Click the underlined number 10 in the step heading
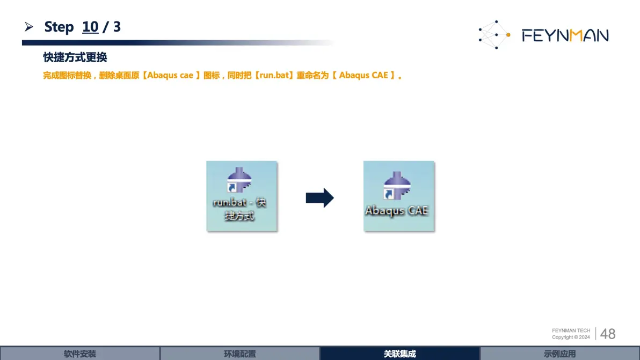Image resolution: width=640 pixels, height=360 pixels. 90,27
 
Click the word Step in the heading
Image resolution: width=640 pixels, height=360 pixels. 59,27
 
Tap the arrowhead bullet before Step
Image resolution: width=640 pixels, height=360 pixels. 28,27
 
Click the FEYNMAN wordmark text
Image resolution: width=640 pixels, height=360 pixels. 565,35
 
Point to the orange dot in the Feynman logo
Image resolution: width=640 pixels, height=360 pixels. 508,35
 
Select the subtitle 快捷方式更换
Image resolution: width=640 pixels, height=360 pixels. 75,57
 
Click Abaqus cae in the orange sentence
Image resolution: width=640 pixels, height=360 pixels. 170,75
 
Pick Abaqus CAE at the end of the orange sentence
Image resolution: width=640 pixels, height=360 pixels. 363,75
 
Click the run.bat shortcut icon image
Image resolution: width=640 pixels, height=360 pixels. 239,180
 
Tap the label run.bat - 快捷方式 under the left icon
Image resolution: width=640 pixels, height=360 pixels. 239,209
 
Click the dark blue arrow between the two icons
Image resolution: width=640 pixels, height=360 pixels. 319,198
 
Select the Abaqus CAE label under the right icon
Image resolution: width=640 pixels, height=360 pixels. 396,210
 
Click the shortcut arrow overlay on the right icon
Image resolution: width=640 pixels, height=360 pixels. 389,194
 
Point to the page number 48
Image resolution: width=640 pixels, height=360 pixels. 608,334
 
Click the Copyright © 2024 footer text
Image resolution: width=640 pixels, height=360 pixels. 571,337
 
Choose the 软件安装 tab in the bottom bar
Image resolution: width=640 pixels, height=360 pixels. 80,354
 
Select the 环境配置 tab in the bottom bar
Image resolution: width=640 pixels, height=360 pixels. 240,354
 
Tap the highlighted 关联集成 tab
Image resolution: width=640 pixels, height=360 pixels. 400,354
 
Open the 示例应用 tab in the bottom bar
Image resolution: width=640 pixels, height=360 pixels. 560,354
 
